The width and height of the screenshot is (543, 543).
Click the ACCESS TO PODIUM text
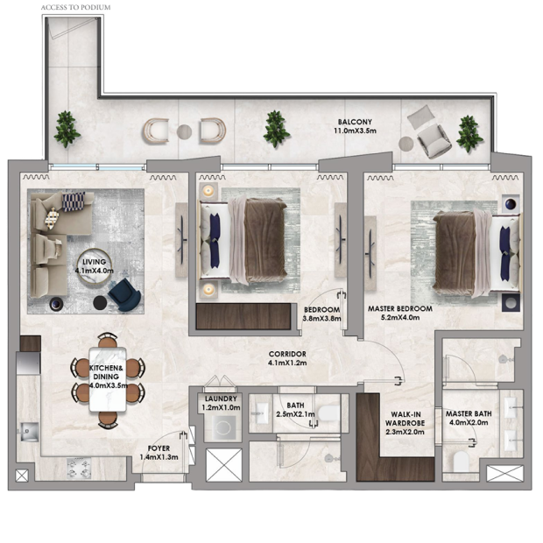(x=75, y=7)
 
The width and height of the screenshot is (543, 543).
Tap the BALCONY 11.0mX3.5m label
(x=355, y=126)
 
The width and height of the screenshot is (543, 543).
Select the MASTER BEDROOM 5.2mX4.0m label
(x=400, y=313)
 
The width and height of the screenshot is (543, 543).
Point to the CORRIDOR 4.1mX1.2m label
(x=287, y=358)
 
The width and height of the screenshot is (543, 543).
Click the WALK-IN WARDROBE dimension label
(x=405, y=423)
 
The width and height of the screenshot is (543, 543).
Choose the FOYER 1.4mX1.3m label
(x=159, y=453)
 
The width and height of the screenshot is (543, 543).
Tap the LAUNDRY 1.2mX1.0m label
(x=221, y=403)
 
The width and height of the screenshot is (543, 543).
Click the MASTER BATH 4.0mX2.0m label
(x=469, y=418)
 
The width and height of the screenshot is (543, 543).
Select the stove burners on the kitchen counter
(x=79, y=469)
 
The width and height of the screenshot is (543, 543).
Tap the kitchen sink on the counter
(x=30, y=432)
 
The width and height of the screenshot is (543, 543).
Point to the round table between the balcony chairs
(x=184, y=131)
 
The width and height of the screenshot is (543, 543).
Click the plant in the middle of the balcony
(x=276, y=129)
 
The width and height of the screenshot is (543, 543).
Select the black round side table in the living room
(x=100, y=303)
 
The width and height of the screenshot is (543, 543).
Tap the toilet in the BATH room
(x=328, y=413)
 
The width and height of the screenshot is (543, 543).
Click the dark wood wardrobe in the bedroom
(x=243, y=316)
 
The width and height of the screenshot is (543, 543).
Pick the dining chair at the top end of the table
(x=108, y=340)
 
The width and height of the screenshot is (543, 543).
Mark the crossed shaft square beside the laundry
(x=223, y=465)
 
